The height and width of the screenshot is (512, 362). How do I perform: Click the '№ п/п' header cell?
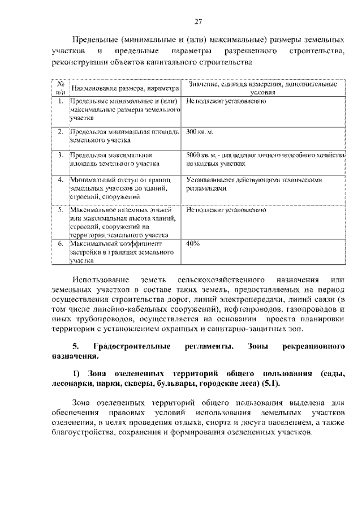(x=60, y=87)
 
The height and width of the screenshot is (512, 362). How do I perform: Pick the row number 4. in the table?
(x=60, y=181)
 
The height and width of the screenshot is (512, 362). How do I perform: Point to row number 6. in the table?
(x=60, y=244)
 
